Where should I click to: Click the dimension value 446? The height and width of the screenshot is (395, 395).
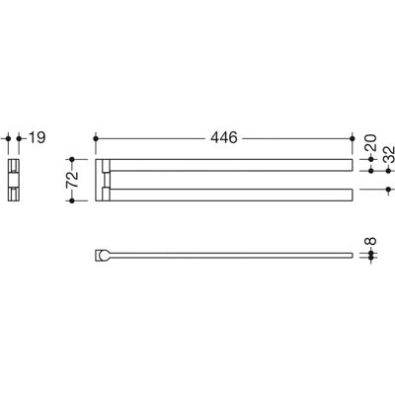click(224, 137)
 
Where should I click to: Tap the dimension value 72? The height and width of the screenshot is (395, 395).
click(72, 180)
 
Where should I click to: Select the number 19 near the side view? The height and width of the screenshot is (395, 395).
click(37, 137)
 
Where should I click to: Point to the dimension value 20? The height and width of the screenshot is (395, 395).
click(370, 142)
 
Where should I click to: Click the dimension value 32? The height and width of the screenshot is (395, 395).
click(389, 154)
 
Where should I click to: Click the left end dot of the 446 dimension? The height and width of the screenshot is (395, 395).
click(96, 138)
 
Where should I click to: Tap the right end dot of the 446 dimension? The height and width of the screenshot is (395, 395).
click(353, 138)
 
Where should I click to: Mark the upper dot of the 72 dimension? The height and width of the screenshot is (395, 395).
click(72, 160)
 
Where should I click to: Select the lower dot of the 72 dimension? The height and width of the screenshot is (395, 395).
click(72, 200)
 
